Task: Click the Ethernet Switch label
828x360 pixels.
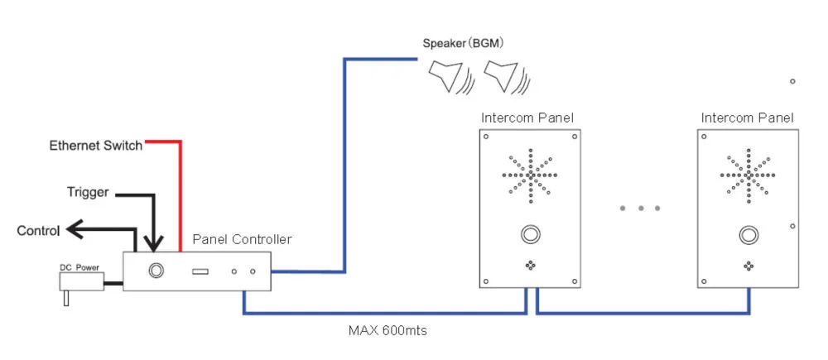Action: click(95, 146)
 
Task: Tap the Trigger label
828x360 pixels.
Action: click(87, 193)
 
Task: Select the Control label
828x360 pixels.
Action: click(38, 231)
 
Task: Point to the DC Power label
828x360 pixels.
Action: click(79, 267)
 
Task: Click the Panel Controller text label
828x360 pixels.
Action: click(242, 239)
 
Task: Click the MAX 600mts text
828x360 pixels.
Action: click(388, 330)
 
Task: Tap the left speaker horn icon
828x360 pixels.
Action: click(448, 77)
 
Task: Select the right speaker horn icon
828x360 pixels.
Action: click(504, 77)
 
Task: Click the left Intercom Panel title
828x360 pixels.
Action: click(527, 118)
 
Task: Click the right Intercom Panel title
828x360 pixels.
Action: click(747, 118)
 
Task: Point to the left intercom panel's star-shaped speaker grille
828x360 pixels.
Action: click(529, 175)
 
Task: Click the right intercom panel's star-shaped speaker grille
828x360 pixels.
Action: click(748, 175)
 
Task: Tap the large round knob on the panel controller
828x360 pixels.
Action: click(155, 270)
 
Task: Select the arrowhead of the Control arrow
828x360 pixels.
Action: click(74, 229)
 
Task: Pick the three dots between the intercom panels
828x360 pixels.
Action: click(640, 208)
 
